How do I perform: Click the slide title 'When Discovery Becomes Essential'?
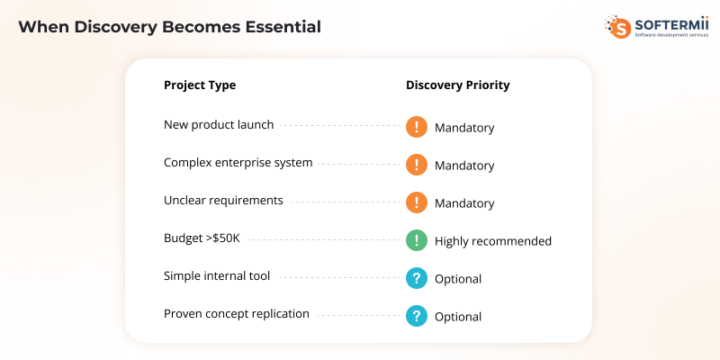coord(169,27)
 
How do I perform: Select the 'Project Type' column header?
coord(200,85)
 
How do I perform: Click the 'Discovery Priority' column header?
coord(457,85)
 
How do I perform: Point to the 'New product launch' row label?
coord(219,125)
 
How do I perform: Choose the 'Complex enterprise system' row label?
coord(238,163)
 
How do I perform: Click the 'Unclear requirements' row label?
coord(223,201)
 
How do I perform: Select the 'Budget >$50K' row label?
coord(202,238)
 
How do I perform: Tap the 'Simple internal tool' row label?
coord(217,276)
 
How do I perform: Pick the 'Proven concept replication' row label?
coord(237,314)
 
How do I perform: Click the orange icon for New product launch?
coord(416,127)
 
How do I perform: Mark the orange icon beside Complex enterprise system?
coord(416,165)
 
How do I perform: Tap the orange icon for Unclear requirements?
coord(416,202)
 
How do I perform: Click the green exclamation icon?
coord(416,240)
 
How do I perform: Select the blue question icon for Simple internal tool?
coord(416,278)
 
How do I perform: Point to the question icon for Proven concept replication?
coord(416,316)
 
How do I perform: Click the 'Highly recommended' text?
coord(492,241)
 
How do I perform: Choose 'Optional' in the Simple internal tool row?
coord(458,279)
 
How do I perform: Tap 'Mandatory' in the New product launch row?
coord(464,128)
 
